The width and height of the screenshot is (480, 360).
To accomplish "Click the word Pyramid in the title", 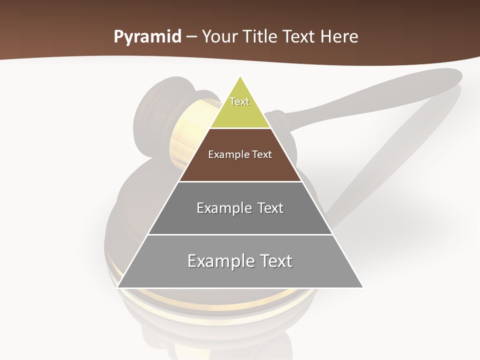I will tap(147, 37).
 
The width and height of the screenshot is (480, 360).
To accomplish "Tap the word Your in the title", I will tap(219, 37).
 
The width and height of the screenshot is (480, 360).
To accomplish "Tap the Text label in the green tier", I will tap(239, 101).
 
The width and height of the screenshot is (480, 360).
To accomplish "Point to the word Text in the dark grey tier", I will tap(270, 208).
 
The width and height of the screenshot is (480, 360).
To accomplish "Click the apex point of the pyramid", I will tap(240, 77).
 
